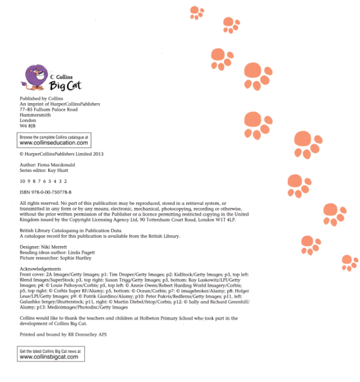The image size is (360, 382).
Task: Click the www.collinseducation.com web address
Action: click(x=53, y=144)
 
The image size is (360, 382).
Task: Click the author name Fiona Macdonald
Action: click(x=63, y=166)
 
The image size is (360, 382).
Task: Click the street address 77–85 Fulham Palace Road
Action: click(x=49, y=110)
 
